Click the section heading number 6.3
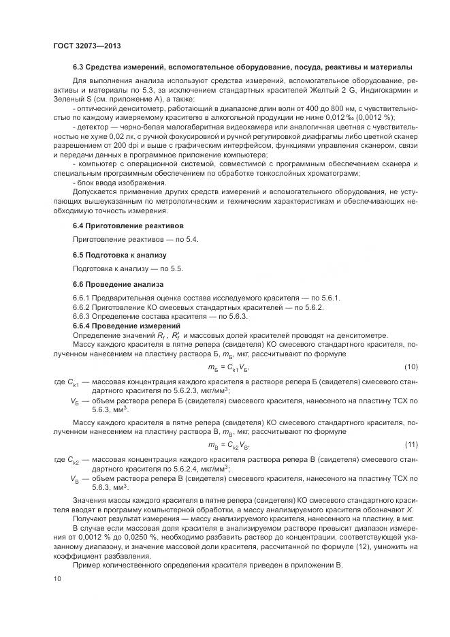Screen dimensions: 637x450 click(80, 67)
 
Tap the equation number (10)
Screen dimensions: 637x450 click(411, 367)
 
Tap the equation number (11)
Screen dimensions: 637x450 click(411, 445)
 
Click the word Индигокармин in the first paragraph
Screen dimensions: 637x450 click(382, 90)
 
